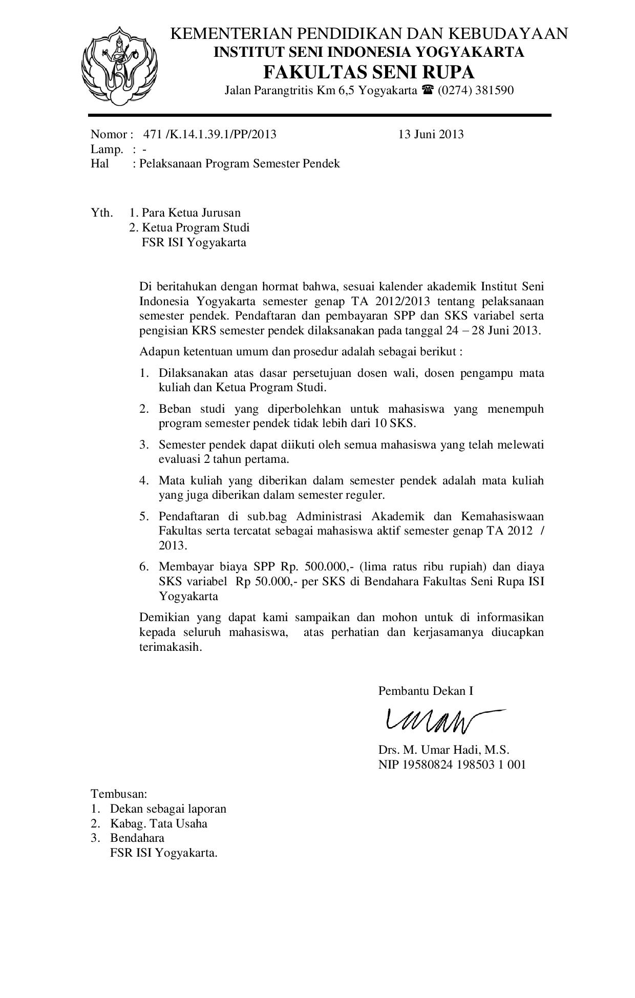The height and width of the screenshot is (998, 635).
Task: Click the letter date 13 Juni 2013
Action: (x=431, y=134)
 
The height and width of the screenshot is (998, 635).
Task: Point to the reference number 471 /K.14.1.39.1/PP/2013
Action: (x=209, y=134)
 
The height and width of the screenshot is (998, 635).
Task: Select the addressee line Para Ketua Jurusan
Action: (x=191, y=213)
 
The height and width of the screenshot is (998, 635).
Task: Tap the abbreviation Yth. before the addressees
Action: (x=102, y=213)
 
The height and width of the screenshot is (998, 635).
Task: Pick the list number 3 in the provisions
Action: (x=144, y=444)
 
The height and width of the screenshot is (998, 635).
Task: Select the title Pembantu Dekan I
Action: (x=426, y=691)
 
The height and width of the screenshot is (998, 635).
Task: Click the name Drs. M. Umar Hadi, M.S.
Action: (x=443, y=750)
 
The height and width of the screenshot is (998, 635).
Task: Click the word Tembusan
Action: (x=119, y=794)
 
